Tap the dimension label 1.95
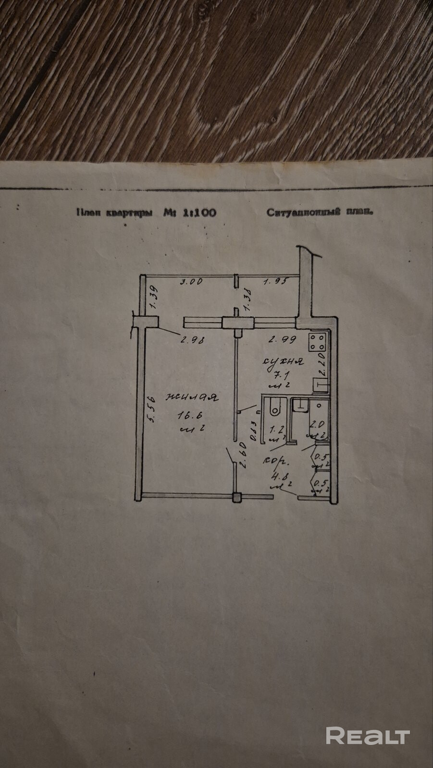point(275,282)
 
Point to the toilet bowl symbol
point(274,407)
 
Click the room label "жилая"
point(192,397)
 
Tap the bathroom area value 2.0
point(317,425)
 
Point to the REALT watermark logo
point(368,735)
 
